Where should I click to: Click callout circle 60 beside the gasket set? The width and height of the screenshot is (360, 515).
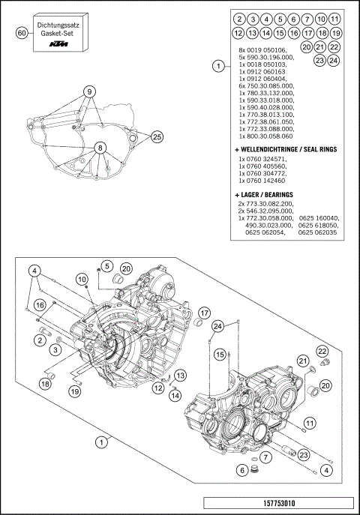click(x=22, y=33)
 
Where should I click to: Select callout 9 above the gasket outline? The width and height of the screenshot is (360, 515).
click(x=89, y=91)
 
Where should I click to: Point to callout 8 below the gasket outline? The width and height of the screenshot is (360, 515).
click(x=99, y=148)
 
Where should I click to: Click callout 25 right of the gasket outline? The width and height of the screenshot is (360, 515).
click(x=157, y=136)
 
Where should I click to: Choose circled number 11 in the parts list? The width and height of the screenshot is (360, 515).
click(x=334, y=19)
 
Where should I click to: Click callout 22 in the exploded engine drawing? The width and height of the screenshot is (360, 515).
click(x=321, y=352)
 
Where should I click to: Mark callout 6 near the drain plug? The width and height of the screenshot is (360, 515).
click(x=241, y=470)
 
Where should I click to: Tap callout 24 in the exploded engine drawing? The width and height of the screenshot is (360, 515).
click(x=217, y=325)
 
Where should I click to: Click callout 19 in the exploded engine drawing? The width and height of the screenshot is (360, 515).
click(x=75, y=391)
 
